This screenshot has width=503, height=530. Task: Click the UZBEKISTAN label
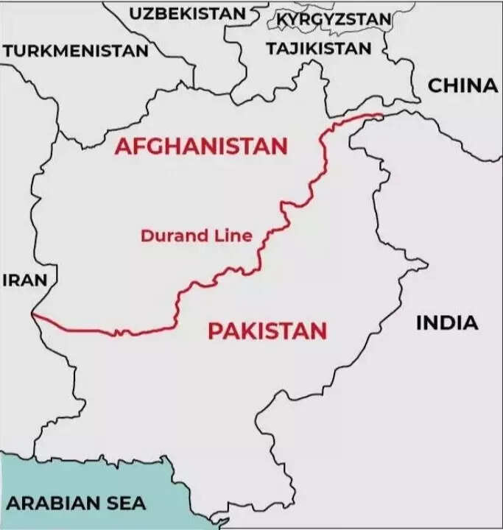187,14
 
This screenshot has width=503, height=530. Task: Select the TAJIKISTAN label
319,49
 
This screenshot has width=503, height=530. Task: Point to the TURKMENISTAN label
76,52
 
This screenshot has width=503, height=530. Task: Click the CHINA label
463,86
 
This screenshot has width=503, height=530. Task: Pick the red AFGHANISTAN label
200,146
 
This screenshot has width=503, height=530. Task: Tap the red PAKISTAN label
267,331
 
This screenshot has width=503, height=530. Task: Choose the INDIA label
447,322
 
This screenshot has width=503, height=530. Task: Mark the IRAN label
24,280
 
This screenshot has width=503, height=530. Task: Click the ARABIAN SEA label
77,504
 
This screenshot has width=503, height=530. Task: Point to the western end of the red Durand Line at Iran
33,316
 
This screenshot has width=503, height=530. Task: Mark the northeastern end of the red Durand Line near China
381,114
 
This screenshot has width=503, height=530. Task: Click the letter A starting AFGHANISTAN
122,146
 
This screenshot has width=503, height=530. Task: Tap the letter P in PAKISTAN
215,331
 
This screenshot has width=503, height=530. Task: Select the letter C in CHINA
435,86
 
